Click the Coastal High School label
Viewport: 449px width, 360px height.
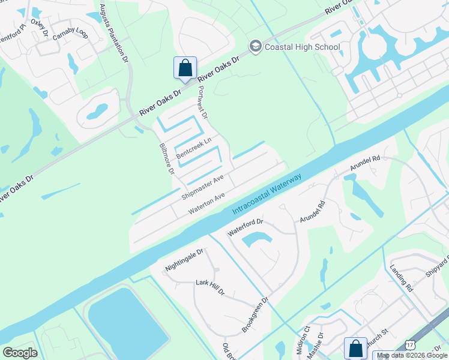point(302,47)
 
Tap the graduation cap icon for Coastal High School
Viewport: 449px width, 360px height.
point(255,47)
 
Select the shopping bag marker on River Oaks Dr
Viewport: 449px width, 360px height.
point(185,68)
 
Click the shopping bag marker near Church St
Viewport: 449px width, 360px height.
point(355,349)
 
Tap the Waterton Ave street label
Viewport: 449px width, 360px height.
point(207,203)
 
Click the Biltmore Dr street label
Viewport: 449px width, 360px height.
point(166,158)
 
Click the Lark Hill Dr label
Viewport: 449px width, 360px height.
point(210,287)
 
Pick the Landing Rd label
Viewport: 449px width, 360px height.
point(402,278)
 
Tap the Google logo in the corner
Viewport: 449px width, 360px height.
point(20,352)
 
